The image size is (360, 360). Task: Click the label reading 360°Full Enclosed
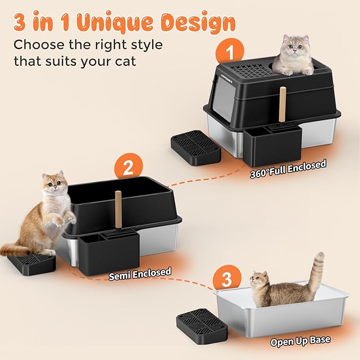(288, 170)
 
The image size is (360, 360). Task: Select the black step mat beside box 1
(195, 148)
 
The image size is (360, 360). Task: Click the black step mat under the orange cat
(33, 263)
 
